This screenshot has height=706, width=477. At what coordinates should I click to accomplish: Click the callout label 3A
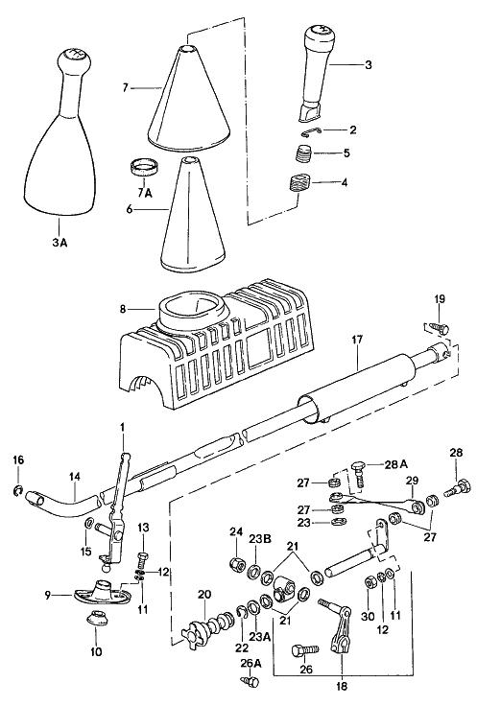coord(60,243)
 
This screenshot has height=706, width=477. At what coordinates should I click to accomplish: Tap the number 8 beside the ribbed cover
coord(123,309)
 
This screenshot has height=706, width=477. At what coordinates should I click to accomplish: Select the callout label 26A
coord(250,663)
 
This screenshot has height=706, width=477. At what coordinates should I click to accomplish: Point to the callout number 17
coord(357,339)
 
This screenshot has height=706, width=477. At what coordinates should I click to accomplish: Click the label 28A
coord(395,464)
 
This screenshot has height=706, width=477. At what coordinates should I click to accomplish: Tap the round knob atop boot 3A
coord(74,59)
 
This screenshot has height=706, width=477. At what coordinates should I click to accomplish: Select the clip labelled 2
coord(311,131)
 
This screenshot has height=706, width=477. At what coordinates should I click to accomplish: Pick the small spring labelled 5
coord(304,154)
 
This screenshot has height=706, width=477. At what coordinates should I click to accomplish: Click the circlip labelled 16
coord(18,490)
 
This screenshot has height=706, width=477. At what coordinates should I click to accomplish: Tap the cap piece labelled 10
coord(97,618)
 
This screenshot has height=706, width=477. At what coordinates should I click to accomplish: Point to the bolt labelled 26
coord(305,650)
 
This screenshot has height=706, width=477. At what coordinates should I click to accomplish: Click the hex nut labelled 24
coord(236,563)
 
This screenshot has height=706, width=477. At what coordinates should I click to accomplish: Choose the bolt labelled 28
coord(456,488)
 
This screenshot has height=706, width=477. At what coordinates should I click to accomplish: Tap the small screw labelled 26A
coord(250,681)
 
